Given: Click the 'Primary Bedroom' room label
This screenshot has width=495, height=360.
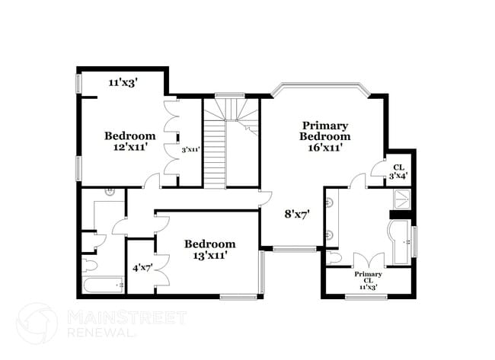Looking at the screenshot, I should (x=325, y=130).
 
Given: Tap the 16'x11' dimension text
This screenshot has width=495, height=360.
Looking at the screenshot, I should (x=325, y=147).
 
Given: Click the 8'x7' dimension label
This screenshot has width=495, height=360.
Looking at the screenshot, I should (x=296, y=215).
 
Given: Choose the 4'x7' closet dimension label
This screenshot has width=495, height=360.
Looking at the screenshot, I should (x=142, y=267).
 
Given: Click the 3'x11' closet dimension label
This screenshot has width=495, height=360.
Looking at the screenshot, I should (x=190, y=150).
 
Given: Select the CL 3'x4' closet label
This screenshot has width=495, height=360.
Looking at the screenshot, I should (x=398, y=171).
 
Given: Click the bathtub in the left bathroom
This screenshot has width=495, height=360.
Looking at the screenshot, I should (x=104, y=285).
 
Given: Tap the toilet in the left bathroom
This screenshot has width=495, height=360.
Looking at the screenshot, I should (x=88, y=264).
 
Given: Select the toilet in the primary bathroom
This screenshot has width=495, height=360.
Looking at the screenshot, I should (x=334, y=258).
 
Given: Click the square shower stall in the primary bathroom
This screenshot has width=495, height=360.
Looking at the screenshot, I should (x=401, y=199).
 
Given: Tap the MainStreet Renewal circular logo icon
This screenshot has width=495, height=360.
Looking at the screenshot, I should (x=37, y=323).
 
